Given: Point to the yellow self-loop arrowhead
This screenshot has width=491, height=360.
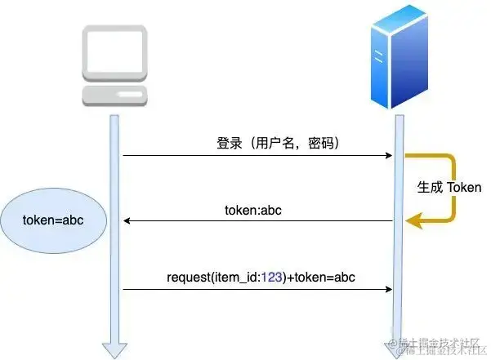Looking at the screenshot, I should pyautogui.click(x=416, y=219).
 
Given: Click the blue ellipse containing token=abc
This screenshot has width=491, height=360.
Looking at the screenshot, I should pyautogui.click(x=52, y=220).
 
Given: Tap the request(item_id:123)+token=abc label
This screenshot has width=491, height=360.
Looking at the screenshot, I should pyautogui.click(x=261, y=277).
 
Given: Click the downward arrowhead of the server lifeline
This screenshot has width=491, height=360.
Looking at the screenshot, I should pyautogui.click(x=399, y=349).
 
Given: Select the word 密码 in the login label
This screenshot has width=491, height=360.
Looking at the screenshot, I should pyautogui.click(x=319, y=142).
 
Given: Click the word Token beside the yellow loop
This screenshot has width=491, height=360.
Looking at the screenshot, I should pyautogui.click(x=463, y=187).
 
